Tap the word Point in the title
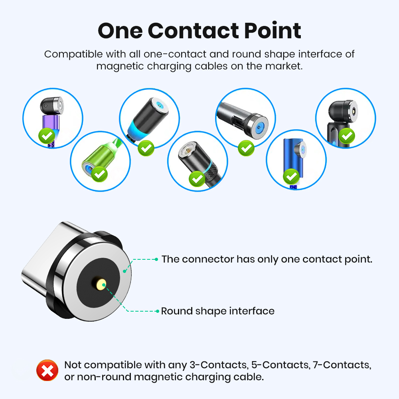(271, 31)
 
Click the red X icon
(47, 371)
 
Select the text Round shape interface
(217, 311)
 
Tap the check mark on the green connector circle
(100, 174)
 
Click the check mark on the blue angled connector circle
(292, 176)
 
